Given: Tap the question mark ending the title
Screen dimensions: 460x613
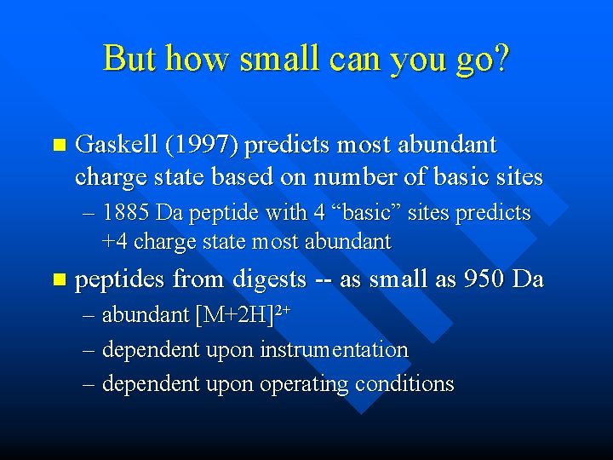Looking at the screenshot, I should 500,58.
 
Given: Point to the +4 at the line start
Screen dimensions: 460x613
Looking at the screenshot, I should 114,242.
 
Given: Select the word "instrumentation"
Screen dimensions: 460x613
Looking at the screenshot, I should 335,350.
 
